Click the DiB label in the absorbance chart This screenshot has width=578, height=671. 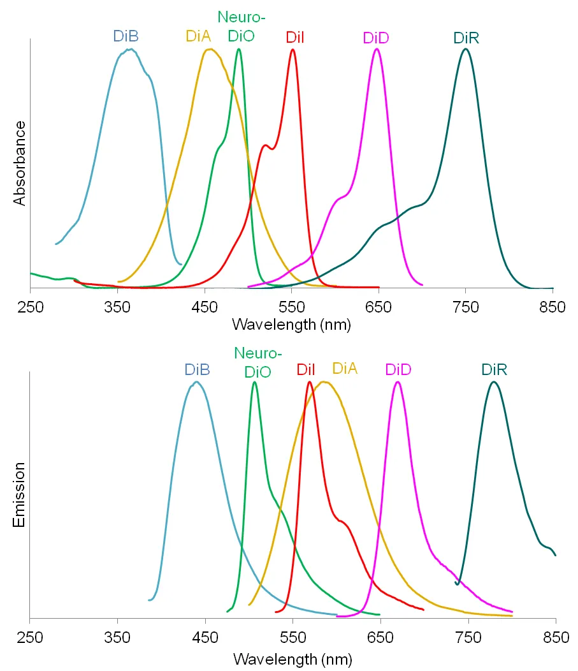tap(126, 36)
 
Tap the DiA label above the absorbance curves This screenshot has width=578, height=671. tap(199, 36)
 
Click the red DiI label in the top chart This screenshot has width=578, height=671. tap(294, 37)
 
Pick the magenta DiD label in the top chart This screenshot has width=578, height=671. tap(376, 38)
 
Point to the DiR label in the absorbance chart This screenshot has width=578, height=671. tap(466, 38)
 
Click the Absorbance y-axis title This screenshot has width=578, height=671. tap(20, 163)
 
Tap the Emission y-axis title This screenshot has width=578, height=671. tap(20, 495)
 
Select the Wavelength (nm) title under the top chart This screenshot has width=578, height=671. tap(291, 324)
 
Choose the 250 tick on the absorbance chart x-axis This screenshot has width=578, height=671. tap(30, 307)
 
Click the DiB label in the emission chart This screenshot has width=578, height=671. tap(197, 369)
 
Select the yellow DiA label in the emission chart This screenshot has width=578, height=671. tap(345, 368)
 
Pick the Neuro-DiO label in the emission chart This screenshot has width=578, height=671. tap(257, 362)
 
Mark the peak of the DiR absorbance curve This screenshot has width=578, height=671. tap(466, 49)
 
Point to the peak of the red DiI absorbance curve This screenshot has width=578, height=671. tap(293, 49)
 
